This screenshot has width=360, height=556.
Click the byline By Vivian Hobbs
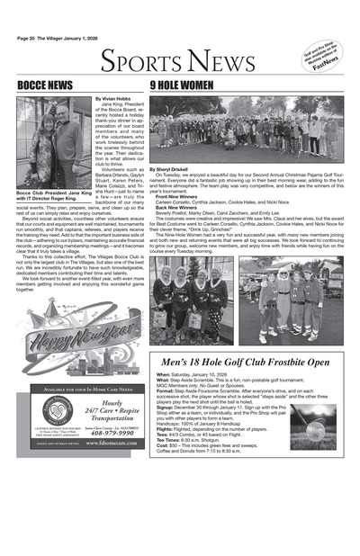tap(113, 97)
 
